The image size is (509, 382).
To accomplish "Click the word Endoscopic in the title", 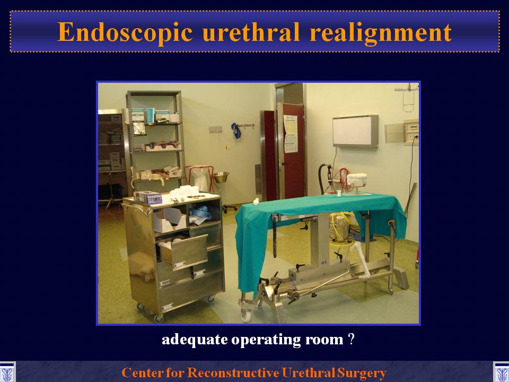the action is (x=125, y=33).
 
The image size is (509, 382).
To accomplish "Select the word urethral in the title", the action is (x=251, y=32).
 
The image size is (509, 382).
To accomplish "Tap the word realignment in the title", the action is (x=381, y=33).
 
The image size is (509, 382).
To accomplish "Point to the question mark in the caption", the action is (x=351, y=339).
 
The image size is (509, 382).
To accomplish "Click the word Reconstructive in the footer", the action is (x=234, y=372).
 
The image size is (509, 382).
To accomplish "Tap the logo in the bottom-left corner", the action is (x=7, y=372).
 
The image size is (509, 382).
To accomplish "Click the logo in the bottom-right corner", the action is (x=501, y=372).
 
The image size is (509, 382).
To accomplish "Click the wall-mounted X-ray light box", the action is (x=355, y=131).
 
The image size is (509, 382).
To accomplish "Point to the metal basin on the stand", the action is (x=221, y=177).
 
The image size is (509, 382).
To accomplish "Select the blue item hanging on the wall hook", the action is (x=236, y=131).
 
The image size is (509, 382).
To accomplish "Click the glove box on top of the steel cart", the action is (x=148, y=197).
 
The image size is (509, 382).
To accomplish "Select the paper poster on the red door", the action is (x=291, y=134).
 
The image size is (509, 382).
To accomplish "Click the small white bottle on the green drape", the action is (x=256, y=202).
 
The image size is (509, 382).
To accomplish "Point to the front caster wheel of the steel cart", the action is (x=159, y=318).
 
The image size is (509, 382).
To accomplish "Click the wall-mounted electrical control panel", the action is (x=411, y=132).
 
